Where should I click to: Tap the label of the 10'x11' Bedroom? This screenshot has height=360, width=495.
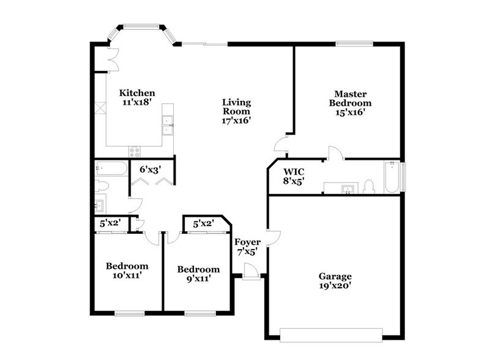point(127,271)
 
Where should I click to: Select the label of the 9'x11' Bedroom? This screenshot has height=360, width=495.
point(198,274)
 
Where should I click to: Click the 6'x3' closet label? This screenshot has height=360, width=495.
point(150,169)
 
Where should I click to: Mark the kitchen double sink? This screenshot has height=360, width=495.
point(167,126)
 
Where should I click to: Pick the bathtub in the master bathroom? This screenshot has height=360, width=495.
point(392,177)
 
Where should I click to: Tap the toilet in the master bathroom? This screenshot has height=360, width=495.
point(369,186)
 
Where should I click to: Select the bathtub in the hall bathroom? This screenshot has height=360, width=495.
point(111,168)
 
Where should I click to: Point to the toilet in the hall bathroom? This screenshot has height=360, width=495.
point(102,186)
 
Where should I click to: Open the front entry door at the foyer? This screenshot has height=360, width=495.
point(249,271)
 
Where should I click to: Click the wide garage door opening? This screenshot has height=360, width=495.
point(330,334)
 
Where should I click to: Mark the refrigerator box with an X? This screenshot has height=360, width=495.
point(100,110)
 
